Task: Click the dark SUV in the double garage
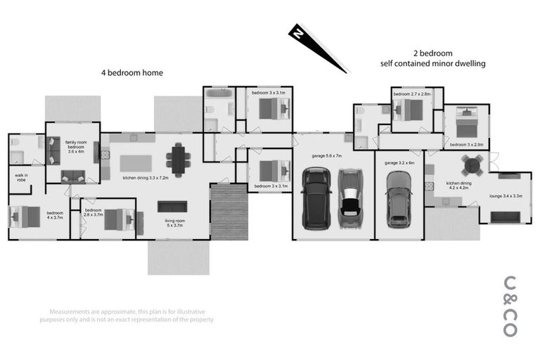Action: click(x=316, y=199)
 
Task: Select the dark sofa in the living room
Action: click(x=172, y=206)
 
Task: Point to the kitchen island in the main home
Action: click(x=136, y=163)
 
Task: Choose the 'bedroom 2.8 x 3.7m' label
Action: click(x=94, y=212)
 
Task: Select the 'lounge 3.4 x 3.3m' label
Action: click(x=506, y=196)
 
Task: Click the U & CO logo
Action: click(x=511, y=306)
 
